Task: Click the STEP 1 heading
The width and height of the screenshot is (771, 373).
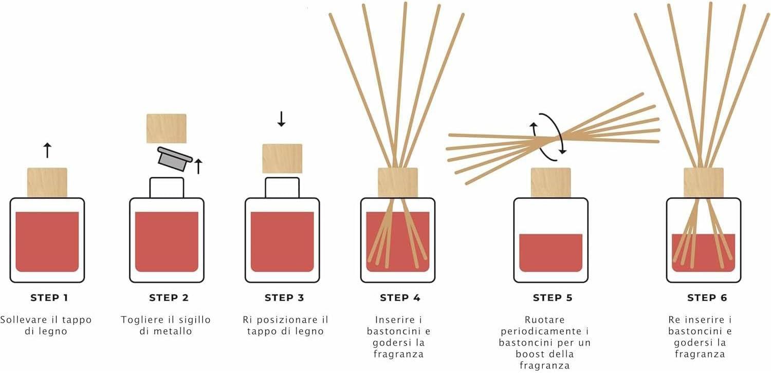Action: tap(49, 298)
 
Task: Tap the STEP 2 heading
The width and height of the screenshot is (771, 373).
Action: tap(169, 298)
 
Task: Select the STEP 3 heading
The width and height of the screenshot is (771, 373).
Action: tap(284, 298)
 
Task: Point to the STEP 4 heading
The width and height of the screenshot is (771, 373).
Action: tap(400, 298)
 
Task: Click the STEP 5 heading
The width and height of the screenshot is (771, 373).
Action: tap(553, 298)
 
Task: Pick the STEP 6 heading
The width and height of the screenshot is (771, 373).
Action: tap(707, 298)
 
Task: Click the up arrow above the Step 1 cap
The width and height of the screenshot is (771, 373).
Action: tap(47, 151)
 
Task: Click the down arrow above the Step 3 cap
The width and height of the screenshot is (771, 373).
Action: tap(281, 119)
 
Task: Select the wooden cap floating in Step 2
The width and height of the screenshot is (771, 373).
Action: tap(166, 128)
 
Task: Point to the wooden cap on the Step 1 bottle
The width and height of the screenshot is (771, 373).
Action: tap(47, 182)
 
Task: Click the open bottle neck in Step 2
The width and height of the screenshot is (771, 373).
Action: tap(167, 188)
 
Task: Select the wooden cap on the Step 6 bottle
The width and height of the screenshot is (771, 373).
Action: tap(704, 182)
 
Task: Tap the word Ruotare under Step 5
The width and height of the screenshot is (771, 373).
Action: tap(545, 320)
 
